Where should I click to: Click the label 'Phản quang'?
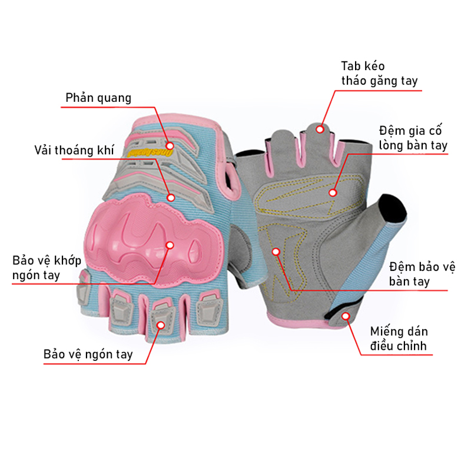98,98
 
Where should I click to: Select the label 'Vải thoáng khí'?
74,150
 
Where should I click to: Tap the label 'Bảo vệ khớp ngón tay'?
47,268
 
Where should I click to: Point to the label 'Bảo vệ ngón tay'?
88,354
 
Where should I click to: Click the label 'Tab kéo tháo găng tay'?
379,74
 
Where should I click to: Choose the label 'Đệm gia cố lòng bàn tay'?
413,138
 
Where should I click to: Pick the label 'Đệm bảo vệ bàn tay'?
422,274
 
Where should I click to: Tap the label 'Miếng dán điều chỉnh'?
399,339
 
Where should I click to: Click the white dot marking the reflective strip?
170,146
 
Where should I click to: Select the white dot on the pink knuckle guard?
170,246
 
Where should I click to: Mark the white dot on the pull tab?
320,130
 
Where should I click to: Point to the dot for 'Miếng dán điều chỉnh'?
346,316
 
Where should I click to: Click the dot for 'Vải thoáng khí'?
171,198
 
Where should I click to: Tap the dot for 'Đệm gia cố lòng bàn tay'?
333,193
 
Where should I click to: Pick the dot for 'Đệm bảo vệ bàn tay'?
276,251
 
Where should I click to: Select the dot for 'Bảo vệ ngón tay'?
161,326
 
